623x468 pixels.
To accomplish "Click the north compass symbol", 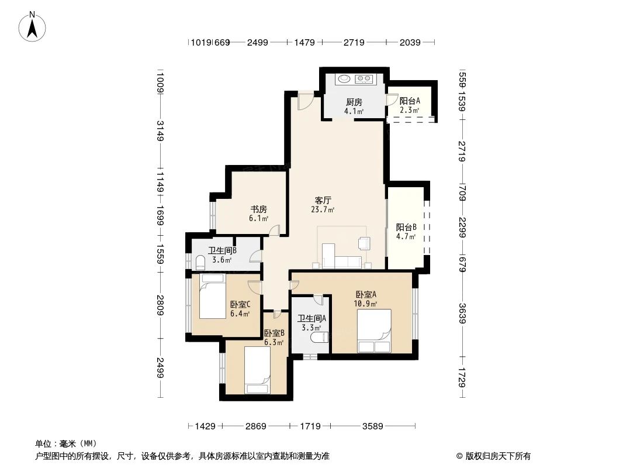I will pos(34,26).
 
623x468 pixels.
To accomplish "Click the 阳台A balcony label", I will pos(409,100).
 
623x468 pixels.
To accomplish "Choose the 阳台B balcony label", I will pos(406,228).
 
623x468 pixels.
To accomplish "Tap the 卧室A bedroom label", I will pos(366,294).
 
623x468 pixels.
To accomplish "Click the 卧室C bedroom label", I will pos(240,304).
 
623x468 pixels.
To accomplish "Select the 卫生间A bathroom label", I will pos(311,319).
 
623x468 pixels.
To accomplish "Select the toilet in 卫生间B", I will pos(200,261).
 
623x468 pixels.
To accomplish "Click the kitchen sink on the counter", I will pos(343,78).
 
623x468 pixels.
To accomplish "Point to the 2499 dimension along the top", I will pos(257,42).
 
